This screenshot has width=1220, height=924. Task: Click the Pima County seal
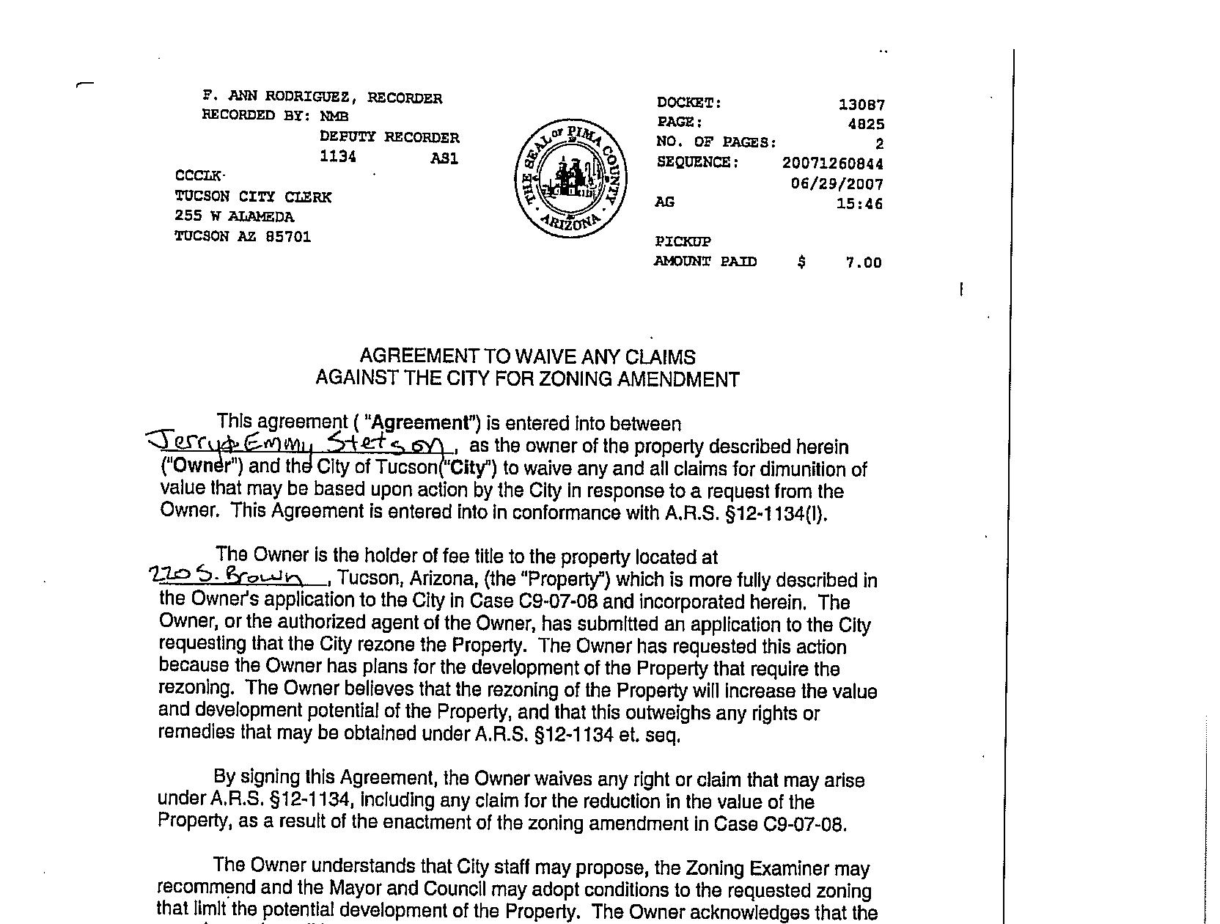click(571, 178)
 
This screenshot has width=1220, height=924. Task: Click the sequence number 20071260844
click(832, 164)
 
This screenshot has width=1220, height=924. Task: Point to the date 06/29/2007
click(837, 184)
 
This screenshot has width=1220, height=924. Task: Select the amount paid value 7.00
click(863, 263)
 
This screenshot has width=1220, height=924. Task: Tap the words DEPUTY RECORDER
click(389, 137)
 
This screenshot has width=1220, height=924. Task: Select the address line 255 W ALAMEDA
click(234, 216)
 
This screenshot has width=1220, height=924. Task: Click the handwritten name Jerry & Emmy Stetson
click(298, 444)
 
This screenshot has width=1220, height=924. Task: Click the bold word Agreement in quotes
click(421, 423)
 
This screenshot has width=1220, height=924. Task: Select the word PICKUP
click(682, 241)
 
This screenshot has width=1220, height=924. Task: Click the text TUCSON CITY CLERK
click(253, 197)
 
